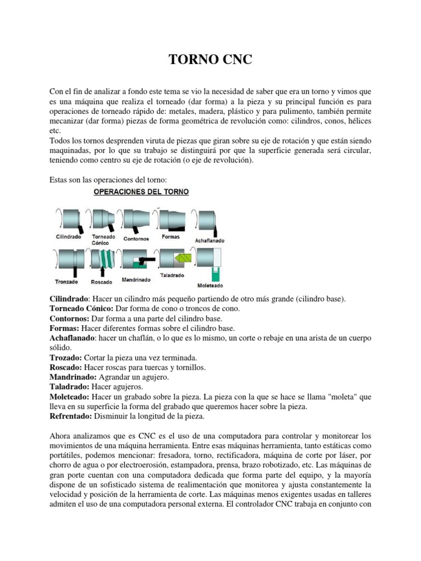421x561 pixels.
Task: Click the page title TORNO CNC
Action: (x=210, y=60)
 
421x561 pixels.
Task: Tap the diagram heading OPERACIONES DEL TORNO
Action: (x=141, y=192)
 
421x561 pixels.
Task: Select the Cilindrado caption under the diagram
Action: (x=69, y=237)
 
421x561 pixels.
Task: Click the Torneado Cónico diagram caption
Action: (x=104, y=239)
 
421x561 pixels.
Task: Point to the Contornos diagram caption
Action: (x=136, y=238)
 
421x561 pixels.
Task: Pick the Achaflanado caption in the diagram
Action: (x=209, y=241)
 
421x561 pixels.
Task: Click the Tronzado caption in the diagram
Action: (x=66, y=282)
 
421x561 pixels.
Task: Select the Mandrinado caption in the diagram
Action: (x=136, y=278)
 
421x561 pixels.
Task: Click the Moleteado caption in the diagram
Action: (x=210, y=285)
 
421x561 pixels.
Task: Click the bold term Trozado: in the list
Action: (x=65, y=358)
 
